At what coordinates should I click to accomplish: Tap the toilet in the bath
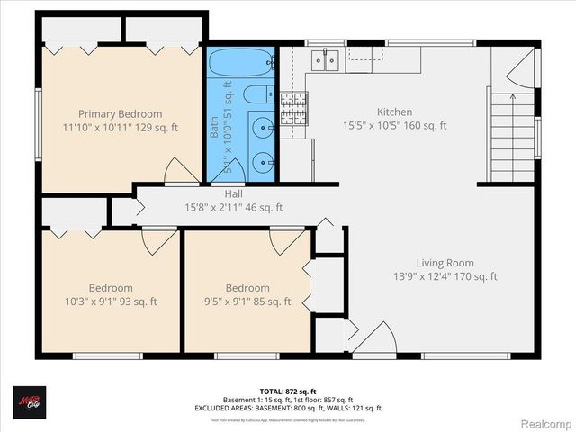pos(256,93)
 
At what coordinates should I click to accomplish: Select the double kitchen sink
pos(325,59)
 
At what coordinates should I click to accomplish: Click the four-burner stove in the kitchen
pos(292,107)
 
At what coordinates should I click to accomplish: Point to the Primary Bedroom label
pos(120,114)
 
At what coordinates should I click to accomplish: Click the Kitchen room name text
pos(394,113)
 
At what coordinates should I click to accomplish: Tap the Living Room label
pos(445,264)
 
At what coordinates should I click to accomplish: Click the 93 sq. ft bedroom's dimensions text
pos(104,301)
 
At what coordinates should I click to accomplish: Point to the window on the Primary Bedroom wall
pos(38,121)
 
